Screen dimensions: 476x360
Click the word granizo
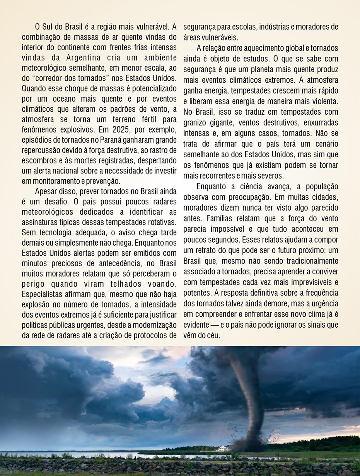pyautogui.click(x=195, y=122)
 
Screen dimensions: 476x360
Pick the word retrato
pyautogui.click(x=202, y=250)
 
